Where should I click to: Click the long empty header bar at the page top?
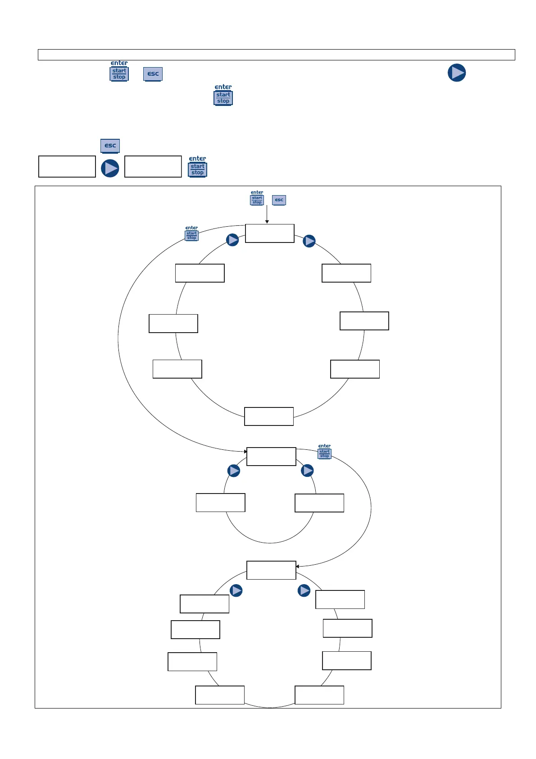276,55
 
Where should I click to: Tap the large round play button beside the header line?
456,73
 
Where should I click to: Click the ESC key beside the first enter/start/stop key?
153,74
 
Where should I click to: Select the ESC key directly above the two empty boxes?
110,146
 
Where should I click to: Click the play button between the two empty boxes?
110,168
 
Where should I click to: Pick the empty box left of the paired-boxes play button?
67,166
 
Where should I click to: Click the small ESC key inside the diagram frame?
279,200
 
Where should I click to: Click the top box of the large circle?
269,233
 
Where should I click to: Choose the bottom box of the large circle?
269,416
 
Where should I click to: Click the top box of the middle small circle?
271,456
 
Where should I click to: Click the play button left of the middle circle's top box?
234,471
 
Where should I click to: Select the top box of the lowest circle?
271,570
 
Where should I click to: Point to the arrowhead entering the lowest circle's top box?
297,566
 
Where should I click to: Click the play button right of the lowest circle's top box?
304,590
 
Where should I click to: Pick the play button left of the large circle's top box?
232,240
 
